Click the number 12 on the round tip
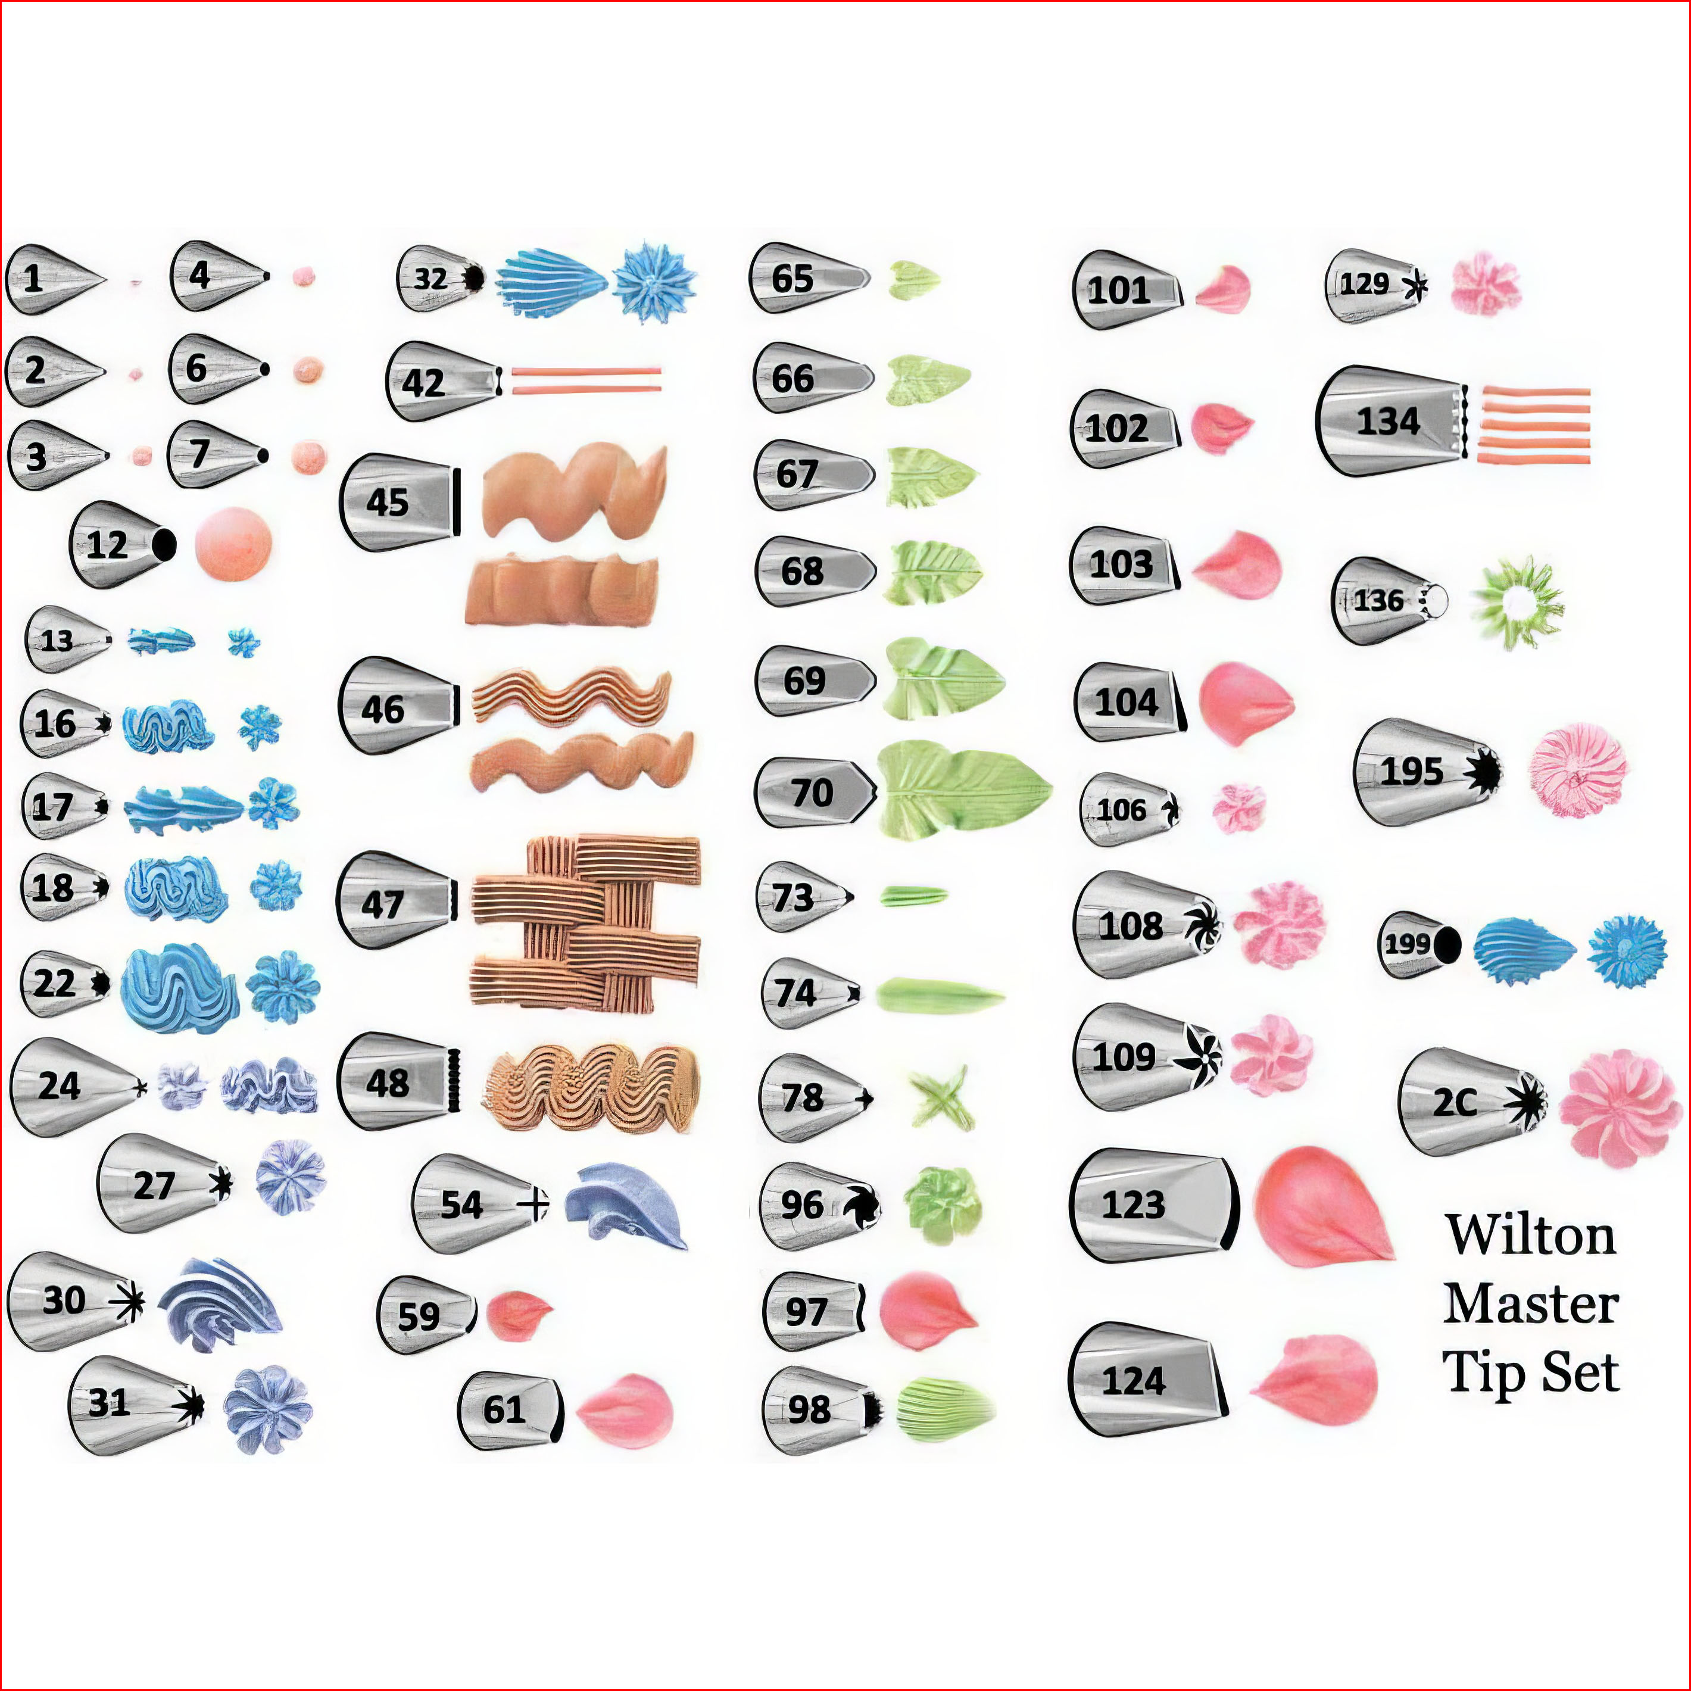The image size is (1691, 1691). coord(107,545)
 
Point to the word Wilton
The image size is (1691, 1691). coord(1530,1235)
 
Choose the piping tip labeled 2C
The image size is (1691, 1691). coord(1471,1102)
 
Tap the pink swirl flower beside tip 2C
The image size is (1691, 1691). coord(1620,1109)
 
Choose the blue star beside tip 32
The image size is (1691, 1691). coord(654,283)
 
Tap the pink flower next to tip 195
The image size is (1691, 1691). coord(1577,770)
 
